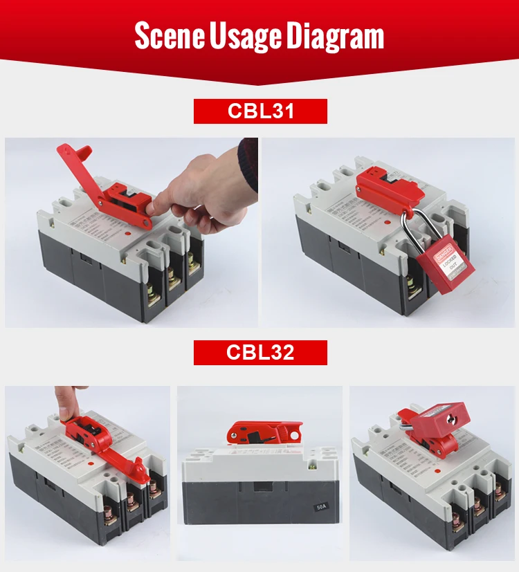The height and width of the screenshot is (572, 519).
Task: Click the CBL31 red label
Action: coord(259,111)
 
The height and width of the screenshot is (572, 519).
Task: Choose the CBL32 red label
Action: coord(259,352)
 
